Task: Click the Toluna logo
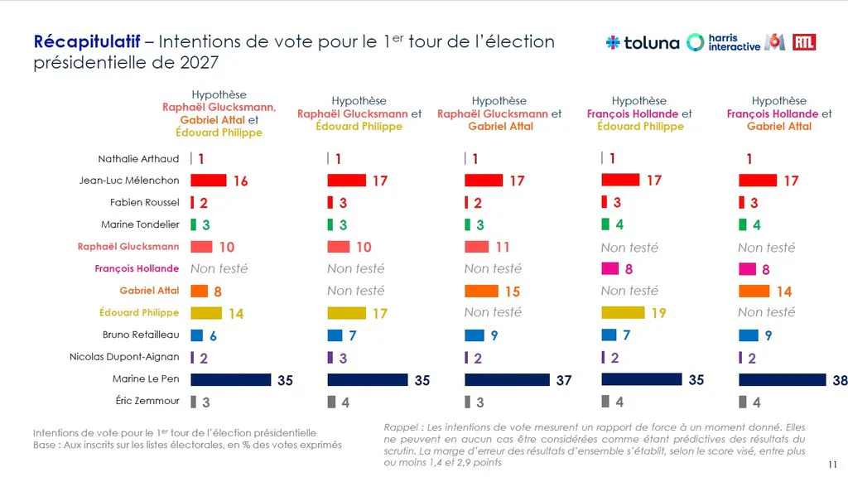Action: [643, 42]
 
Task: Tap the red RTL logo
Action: [803, 42]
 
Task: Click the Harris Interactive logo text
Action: [734, 42]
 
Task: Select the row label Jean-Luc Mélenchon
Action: [128, 180]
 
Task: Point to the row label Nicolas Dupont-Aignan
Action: [124, 356]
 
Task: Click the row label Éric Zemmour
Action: [147, 401]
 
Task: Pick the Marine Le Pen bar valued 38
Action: [782, 379]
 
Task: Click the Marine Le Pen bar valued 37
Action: [507, 379]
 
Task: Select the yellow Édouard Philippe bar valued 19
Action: [623, 312]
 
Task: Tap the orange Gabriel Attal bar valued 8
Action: [199, 291]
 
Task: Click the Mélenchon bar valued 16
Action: [208, 180]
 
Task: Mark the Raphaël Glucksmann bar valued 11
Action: [476, 247]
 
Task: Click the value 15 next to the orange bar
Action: [512, 291]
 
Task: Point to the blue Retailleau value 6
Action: [213, 336]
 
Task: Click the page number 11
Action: [832, 465]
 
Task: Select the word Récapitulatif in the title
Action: [86, 42]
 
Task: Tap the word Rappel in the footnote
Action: [401, 427]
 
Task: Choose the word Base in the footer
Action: [44, 445]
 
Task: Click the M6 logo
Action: [775, 42]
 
